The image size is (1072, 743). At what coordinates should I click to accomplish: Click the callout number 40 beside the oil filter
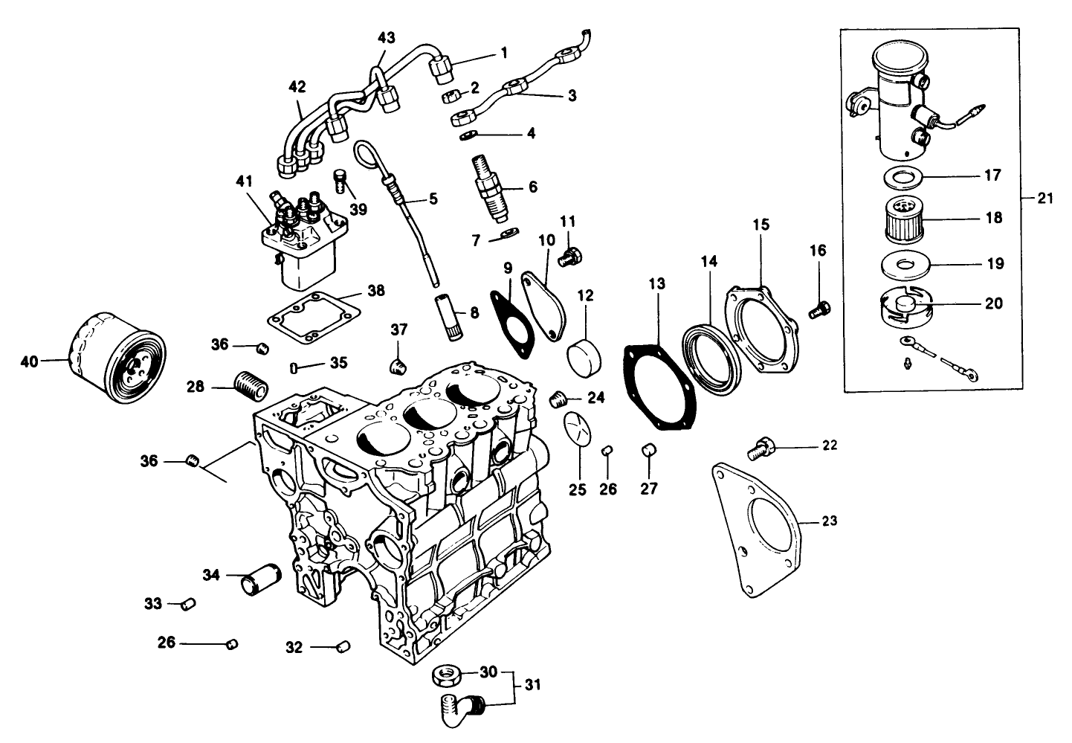pyautogui.click(x=28, y=361)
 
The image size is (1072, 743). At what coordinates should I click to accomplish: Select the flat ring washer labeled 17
pyautogui.click(x=900, y=177)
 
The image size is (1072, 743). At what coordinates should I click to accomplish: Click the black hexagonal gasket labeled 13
pyautogui.click(x=659, y=387)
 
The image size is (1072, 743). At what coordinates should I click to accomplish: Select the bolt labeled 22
pyautogui.click(x=760, y=446)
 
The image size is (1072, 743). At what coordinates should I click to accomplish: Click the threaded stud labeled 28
pyautogui.click(x=249, y=387)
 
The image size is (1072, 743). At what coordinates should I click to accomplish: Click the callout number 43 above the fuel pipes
pyautogui.click(x=387, y=37)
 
